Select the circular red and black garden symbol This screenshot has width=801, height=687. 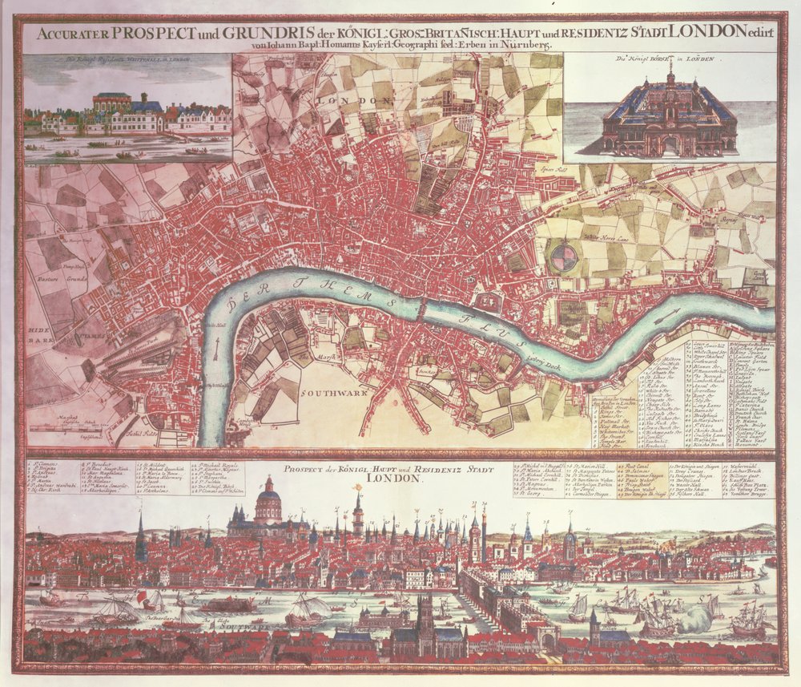pyautogui.click(x=564, y=258)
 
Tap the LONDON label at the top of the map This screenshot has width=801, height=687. pyautogui.click(x=364, y=101)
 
